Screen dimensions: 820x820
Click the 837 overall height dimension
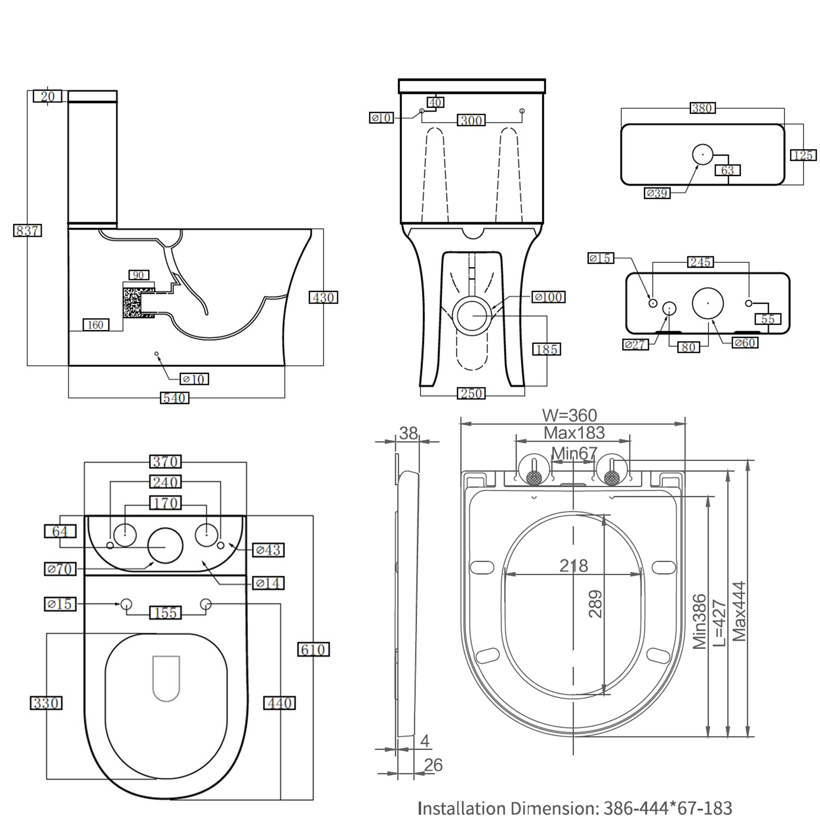[x=27, y=231]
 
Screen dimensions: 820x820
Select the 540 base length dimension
[x=174, y=398]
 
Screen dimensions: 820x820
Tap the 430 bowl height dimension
[x=324, y=297]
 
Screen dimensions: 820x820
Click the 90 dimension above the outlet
[x=139, y=275]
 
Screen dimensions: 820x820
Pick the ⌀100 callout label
[x=548, y=297]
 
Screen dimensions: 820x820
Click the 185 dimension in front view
[x=547, y=349]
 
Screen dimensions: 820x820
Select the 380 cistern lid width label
[x=702, y=108]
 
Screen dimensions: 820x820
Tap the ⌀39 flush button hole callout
[x=657, y=192]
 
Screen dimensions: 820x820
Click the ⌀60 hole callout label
[x=745, y=343]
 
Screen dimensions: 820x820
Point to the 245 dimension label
[x=700, y=262]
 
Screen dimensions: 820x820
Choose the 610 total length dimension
[x=313, y=649]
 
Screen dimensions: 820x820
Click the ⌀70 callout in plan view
[x=60, y=569]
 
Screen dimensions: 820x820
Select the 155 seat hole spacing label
[x=165, y=613]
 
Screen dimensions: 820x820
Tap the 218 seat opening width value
[x=573, y=565]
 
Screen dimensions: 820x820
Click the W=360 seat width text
[x=569, y=415]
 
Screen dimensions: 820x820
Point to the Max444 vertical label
[x=739, y=611]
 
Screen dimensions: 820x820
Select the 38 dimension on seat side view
[x=408, y=433]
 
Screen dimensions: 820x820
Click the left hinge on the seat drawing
[x=534, y=471]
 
